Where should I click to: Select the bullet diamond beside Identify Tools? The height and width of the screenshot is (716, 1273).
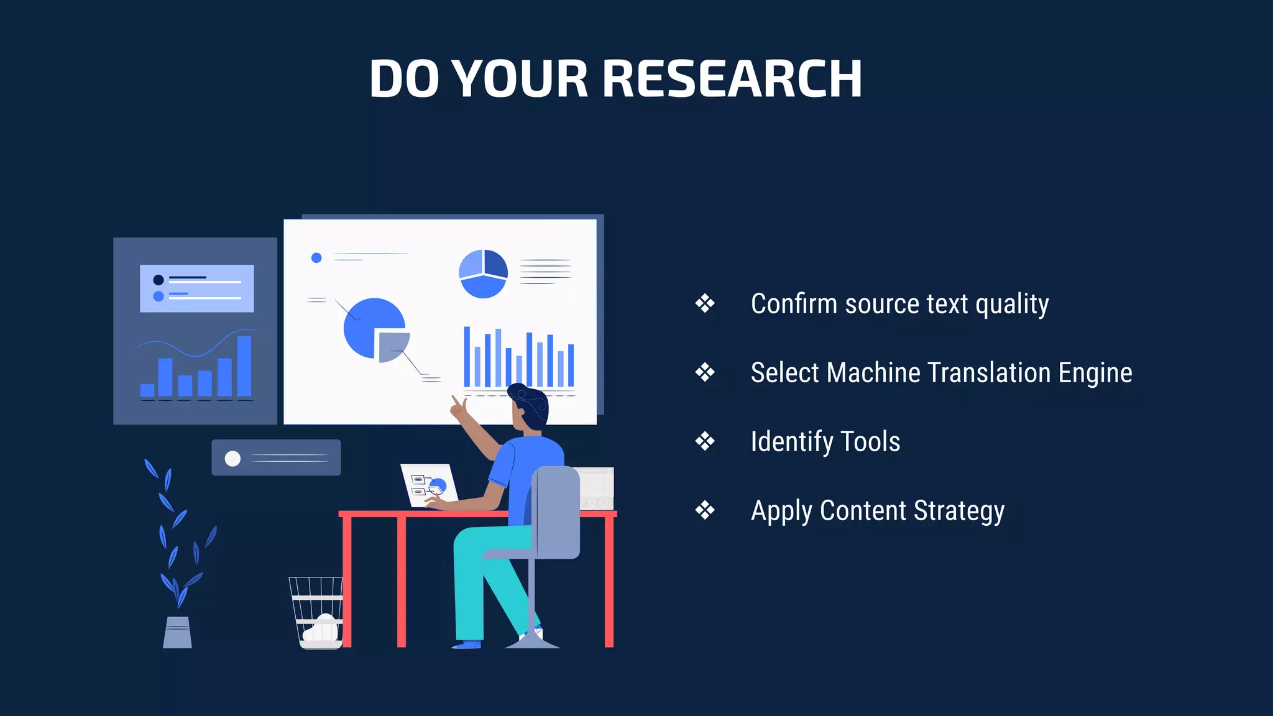point(705,441)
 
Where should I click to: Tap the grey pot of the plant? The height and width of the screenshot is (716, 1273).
point(177,633)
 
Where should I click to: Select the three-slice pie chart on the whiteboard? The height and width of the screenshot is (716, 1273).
point(483,273)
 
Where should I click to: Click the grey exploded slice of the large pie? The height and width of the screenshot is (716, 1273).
point(392,346)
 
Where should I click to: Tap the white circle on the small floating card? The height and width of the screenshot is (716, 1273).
point(232,459)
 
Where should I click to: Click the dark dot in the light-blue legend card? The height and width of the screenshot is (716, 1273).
point(159,280)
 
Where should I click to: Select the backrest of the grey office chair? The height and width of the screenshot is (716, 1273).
point(556,510)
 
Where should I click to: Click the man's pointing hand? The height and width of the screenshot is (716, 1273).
point(459,408)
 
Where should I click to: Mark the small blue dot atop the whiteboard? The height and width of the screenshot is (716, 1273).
point(316,257)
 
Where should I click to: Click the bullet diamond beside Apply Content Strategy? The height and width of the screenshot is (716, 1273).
point(705,510)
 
